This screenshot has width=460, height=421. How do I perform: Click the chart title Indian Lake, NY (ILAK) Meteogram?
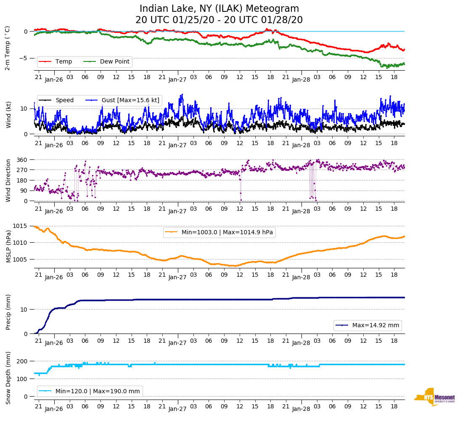(x=219, y=9)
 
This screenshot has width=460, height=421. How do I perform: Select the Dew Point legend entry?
(x=115, y=62)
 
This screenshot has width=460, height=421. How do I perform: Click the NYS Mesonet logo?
(x=434, y=397)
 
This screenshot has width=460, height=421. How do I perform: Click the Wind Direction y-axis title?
(x=8, y=180)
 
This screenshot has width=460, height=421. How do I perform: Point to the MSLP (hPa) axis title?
(x=8, y=247)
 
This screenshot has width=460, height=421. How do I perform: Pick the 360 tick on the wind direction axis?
(x=22, y=160)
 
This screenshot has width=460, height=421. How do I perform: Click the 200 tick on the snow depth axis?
(x=22, y=361)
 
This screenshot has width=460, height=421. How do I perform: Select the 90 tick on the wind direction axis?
(x=24, y=191)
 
